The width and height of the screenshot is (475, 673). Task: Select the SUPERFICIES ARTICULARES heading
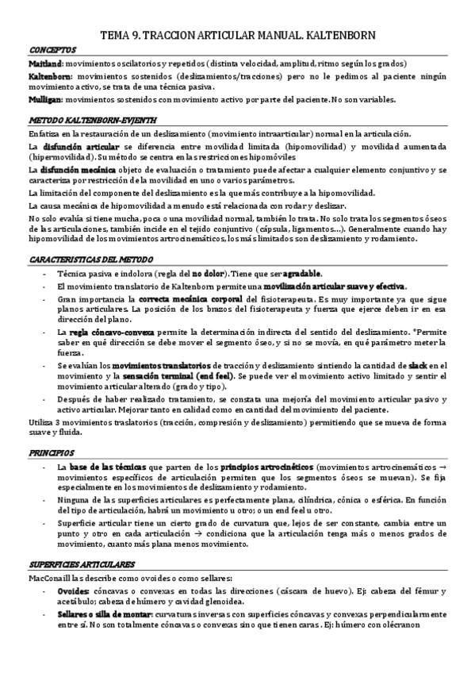(78, 564)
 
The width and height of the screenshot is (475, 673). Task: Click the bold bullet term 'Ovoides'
(71, 592)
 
